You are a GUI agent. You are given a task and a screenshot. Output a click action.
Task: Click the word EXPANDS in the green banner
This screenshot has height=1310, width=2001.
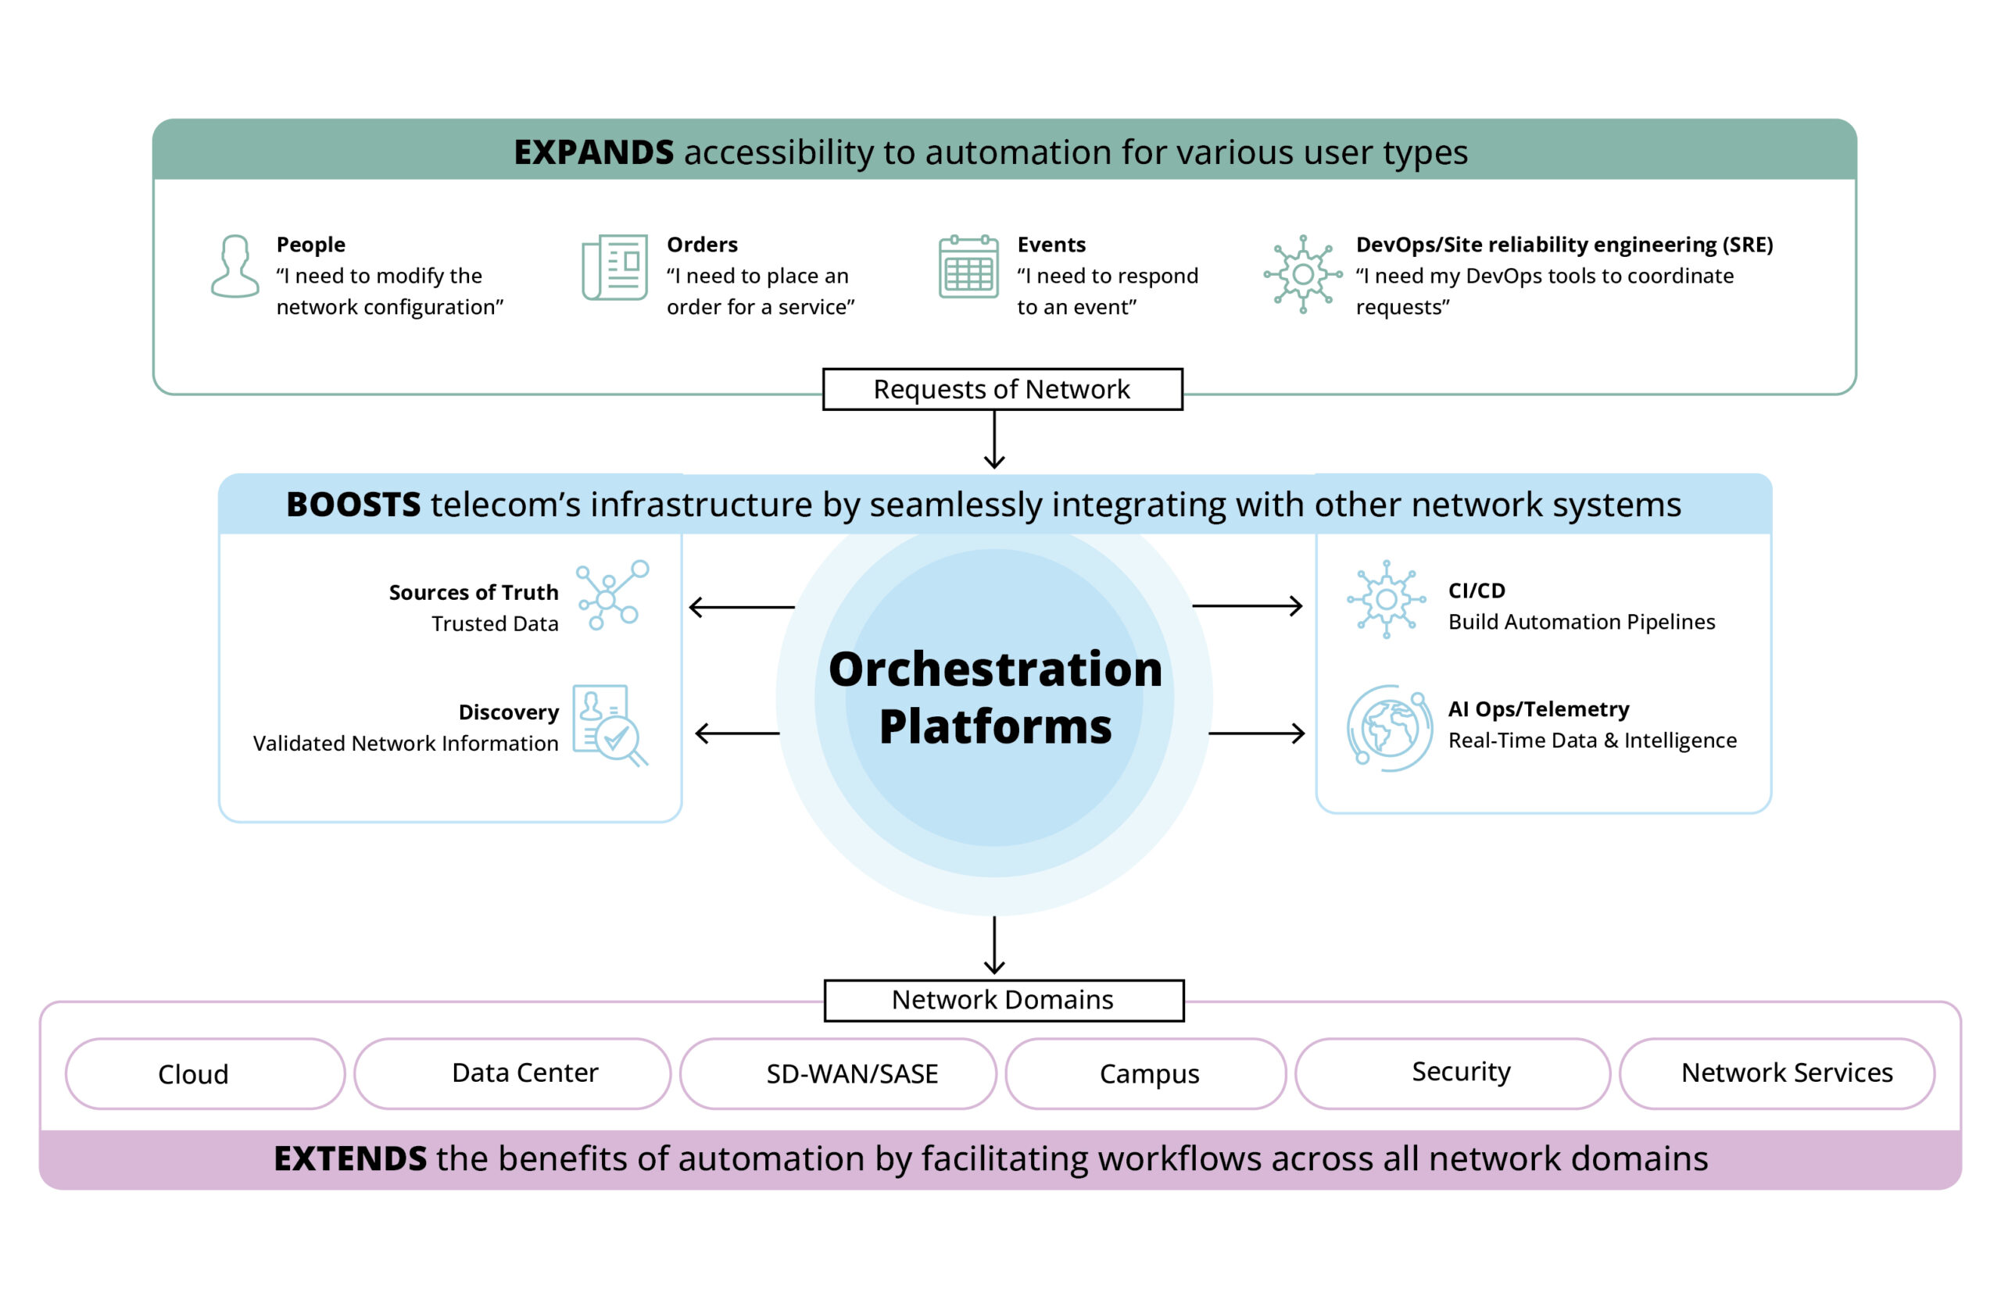click(592, 152)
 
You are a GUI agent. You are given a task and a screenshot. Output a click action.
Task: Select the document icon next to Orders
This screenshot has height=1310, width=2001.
click(614, 267)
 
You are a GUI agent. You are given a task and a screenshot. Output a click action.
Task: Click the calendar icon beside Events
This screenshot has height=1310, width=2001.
click(968, 267)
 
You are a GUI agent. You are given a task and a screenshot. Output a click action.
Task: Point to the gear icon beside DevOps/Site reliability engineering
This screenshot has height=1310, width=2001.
click(1302, 274)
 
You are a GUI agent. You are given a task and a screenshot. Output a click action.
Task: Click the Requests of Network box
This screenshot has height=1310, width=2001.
click(1001, 389)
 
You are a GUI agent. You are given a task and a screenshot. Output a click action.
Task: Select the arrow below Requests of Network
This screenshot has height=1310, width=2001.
click(993, 440)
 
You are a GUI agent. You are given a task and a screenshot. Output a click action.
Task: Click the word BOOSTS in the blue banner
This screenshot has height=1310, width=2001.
click(353, 504)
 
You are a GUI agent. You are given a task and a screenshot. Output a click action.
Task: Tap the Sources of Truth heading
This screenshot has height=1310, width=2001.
click(474, 592)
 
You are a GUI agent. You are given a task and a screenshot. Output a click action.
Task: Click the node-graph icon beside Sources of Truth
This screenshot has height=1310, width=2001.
click(611, 595)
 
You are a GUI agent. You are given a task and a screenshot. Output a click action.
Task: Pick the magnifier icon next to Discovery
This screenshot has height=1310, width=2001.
click(611, 725)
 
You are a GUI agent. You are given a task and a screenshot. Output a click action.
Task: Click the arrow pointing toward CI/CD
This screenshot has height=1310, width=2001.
click(1247, 606)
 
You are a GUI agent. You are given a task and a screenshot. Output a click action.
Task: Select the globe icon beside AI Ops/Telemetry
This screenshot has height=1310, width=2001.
click(1389, 728)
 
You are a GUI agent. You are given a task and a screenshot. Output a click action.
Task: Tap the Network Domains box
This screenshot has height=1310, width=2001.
click(1003, 1000)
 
